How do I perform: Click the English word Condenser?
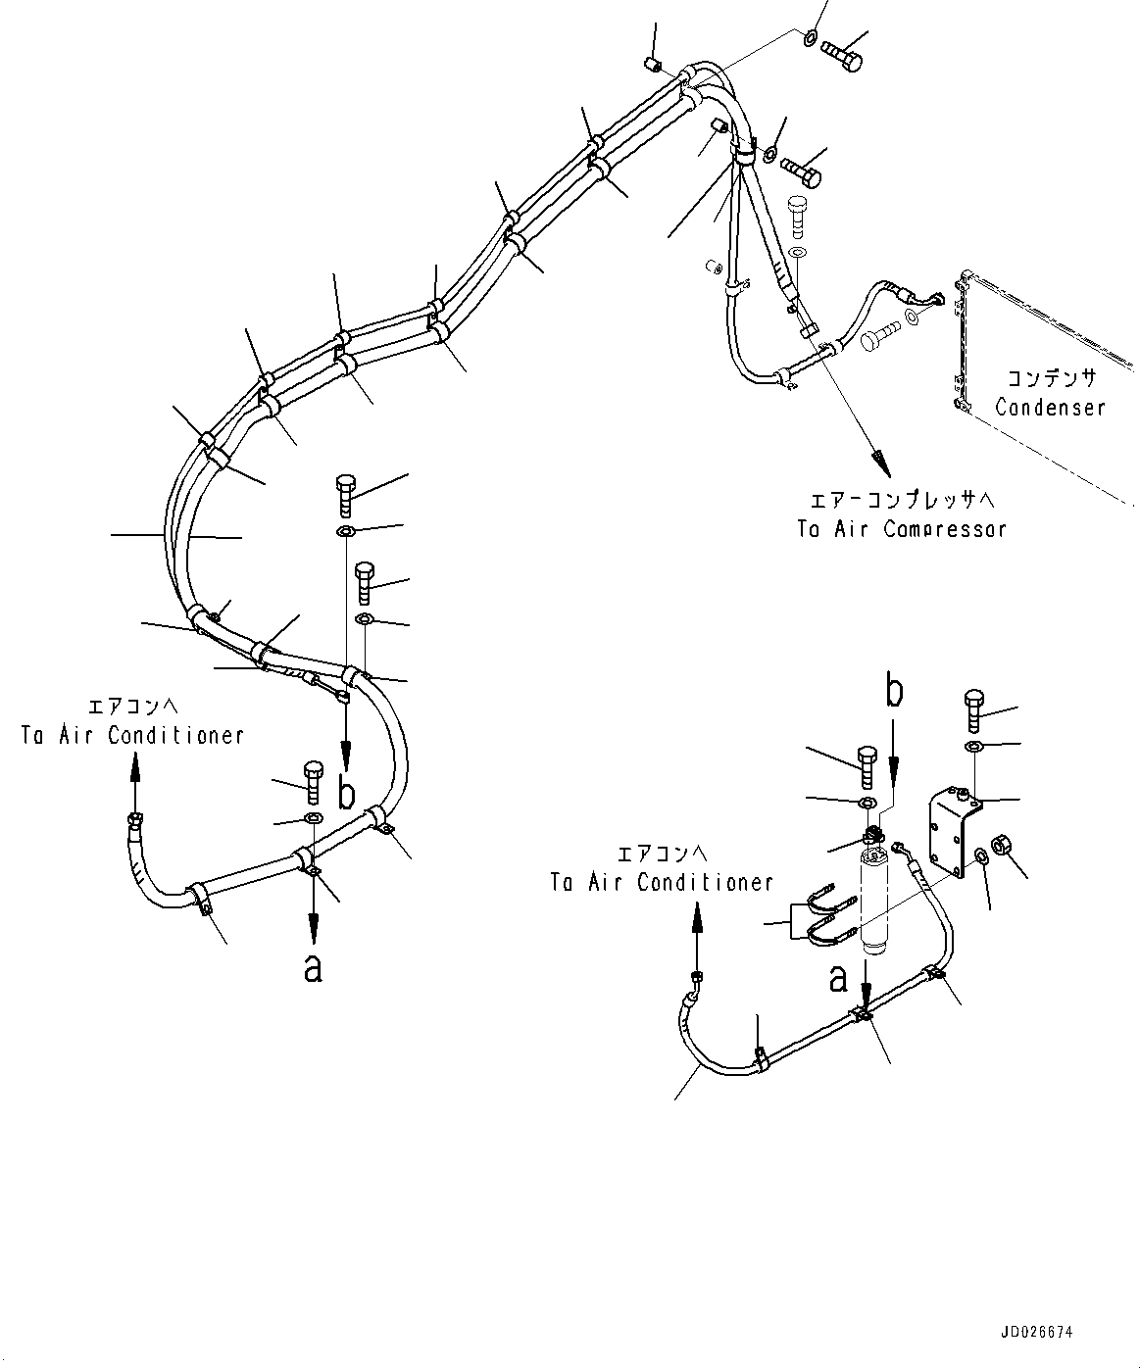coord(1050,408)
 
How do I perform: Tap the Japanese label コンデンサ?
coord(1051,377)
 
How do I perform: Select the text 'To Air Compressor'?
coord(901,529)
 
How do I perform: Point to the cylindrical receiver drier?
coord(874,902)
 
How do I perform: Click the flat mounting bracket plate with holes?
coord(953,832)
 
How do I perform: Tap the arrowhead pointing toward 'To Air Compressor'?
coord(877,459)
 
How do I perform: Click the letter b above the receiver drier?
coord(894,692)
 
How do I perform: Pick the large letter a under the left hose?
coord(313,968)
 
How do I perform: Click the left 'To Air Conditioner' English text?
coord(131,735)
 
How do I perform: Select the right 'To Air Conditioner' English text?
coord(662,882)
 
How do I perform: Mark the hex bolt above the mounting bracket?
coord(973,710)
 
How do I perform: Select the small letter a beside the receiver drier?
coord(839,977)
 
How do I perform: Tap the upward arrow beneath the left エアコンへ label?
coord(134,774)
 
